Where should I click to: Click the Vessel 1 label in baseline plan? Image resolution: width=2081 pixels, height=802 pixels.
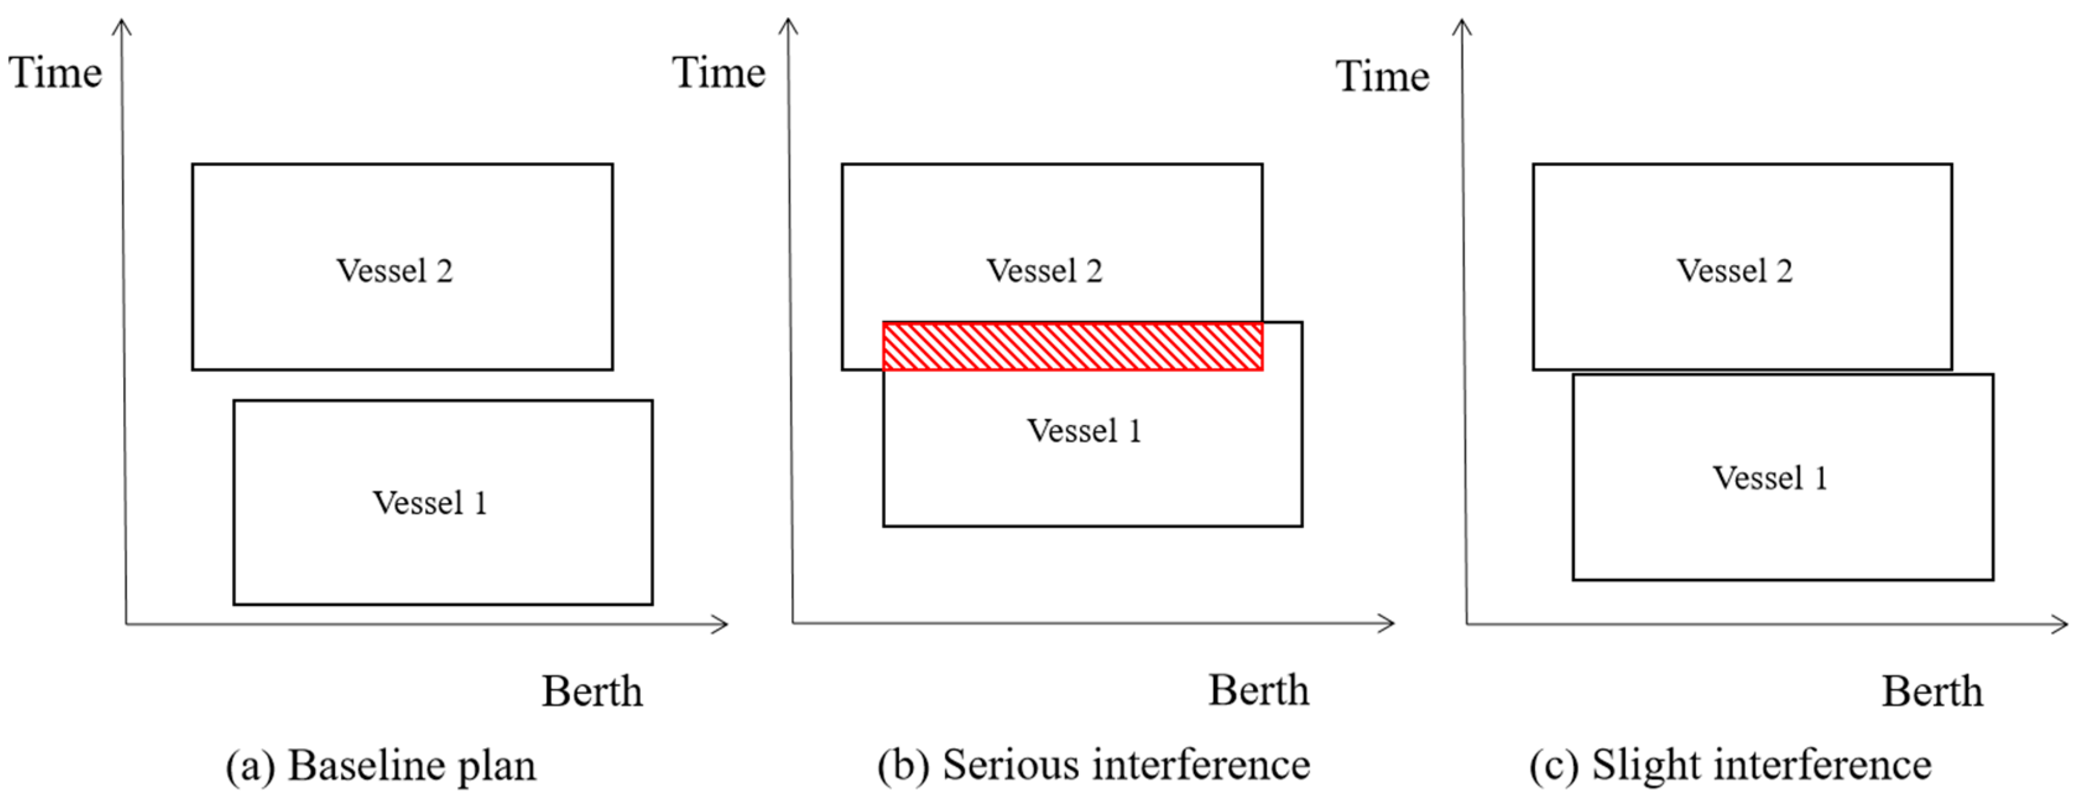pyautogui.click(x=430, y=503)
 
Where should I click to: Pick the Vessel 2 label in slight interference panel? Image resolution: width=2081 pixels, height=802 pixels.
pyautogui.click(x=1735, y=271)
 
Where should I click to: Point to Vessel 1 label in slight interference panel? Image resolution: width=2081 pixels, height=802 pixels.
pyautogui.click(x=1769, y=478)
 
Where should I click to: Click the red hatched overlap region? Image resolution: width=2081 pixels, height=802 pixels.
pyautogui.click(x=1072, y=346)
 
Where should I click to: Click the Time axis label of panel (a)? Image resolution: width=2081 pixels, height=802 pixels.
pyautogui.click(x=55, y=72)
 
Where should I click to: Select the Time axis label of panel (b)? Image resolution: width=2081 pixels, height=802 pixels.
pyautogui.click(x=718, y=72)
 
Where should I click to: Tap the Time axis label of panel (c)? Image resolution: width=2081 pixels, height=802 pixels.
pyautogui.click(x=1381, y=77)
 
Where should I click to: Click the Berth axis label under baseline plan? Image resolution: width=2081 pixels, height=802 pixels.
pyautogui.click(x=591, y=691)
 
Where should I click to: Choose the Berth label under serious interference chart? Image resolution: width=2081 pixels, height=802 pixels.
pyautogui.click(x=1258, y=691)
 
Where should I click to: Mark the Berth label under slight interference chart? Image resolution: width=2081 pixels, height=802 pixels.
pyautogui.click(x=1931, y=691)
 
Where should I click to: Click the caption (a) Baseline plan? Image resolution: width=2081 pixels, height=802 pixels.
pyautogui.click(x=380, y=765)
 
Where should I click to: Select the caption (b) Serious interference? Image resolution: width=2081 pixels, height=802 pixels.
pyautogui.click(x=1093, y=765)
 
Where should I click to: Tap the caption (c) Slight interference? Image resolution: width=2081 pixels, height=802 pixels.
pyautogui.click(x=1730, y=765)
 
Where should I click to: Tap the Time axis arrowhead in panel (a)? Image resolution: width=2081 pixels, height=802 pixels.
pyautogui.click(x=122, y=26)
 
